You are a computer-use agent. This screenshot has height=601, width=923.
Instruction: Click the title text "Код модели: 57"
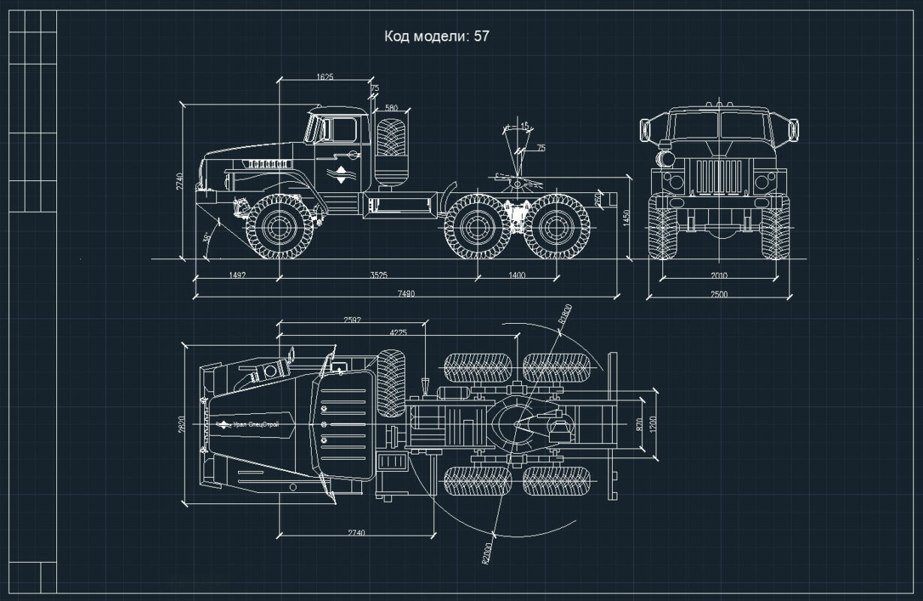[x=436, y=36]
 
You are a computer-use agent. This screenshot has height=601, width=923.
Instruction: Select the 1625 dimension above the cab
[x=324, y=77]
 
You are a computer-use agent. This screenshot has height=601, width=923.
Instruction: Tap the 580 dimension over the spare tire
[x=391, y=108]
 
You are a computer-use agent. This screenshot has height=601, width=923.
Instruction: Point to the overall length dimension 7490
[x=406, y=293]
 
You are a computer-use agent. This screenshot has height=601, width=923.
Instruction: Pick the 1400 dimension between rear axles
[x=517, y=275]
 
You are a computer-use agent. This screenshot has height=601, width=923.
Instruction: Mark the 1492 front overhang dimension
[x=237, y=275]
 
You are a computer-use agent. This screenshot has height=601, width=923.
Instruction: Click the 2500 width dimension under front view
[x=718, y=294]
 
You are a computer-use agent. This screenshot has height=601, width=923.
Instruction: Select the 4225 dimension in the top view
[x=398, y=332]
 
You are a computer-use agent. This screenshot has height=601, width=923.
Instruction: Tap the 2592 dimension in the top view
[x=351, y=320]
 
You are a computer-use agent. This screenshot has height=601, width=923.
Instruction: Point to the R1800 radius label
[x=566, y=314]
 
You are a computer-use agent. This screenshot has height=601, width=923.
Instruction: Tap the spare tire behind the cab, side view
[x=391, y=138]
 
